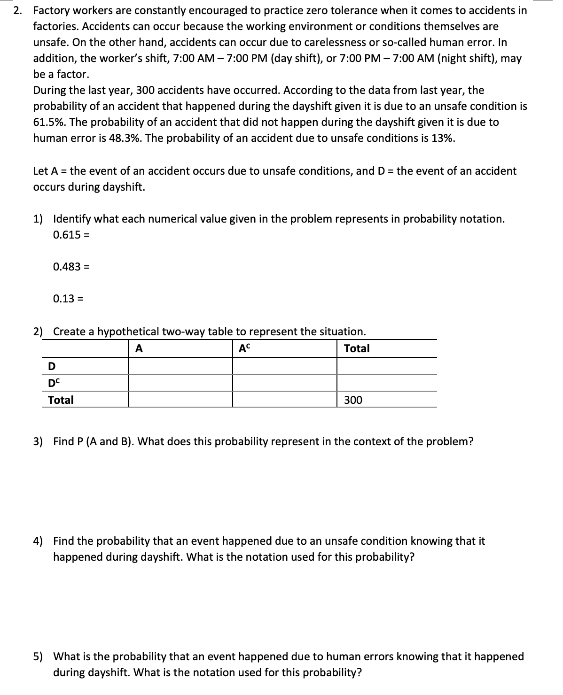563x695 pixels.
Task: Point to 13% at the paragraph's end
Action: click(x=443, y=138)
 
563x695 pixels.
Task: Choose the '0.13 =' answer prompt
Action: click(x=69, y=299)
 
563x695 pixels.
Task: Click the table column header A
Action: click(x=139, y=348)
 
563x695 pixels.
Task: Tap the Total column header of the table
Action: click(x=357, y=348)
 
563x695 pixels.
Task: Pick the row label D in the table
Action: click(x=52, y=366)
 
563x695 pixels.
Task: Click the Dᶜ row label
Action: click(x=54, y=383)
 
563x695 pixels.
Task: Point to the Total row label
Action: click(x=61, y=400)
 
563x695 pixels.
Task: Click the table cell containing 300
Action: click(x=353, y=400)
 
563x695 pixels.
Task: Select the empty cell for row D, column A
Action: click(x=180, y=366)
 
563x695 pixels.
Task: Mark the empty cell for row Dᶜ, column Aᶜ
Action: click(x=285, y=383)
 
